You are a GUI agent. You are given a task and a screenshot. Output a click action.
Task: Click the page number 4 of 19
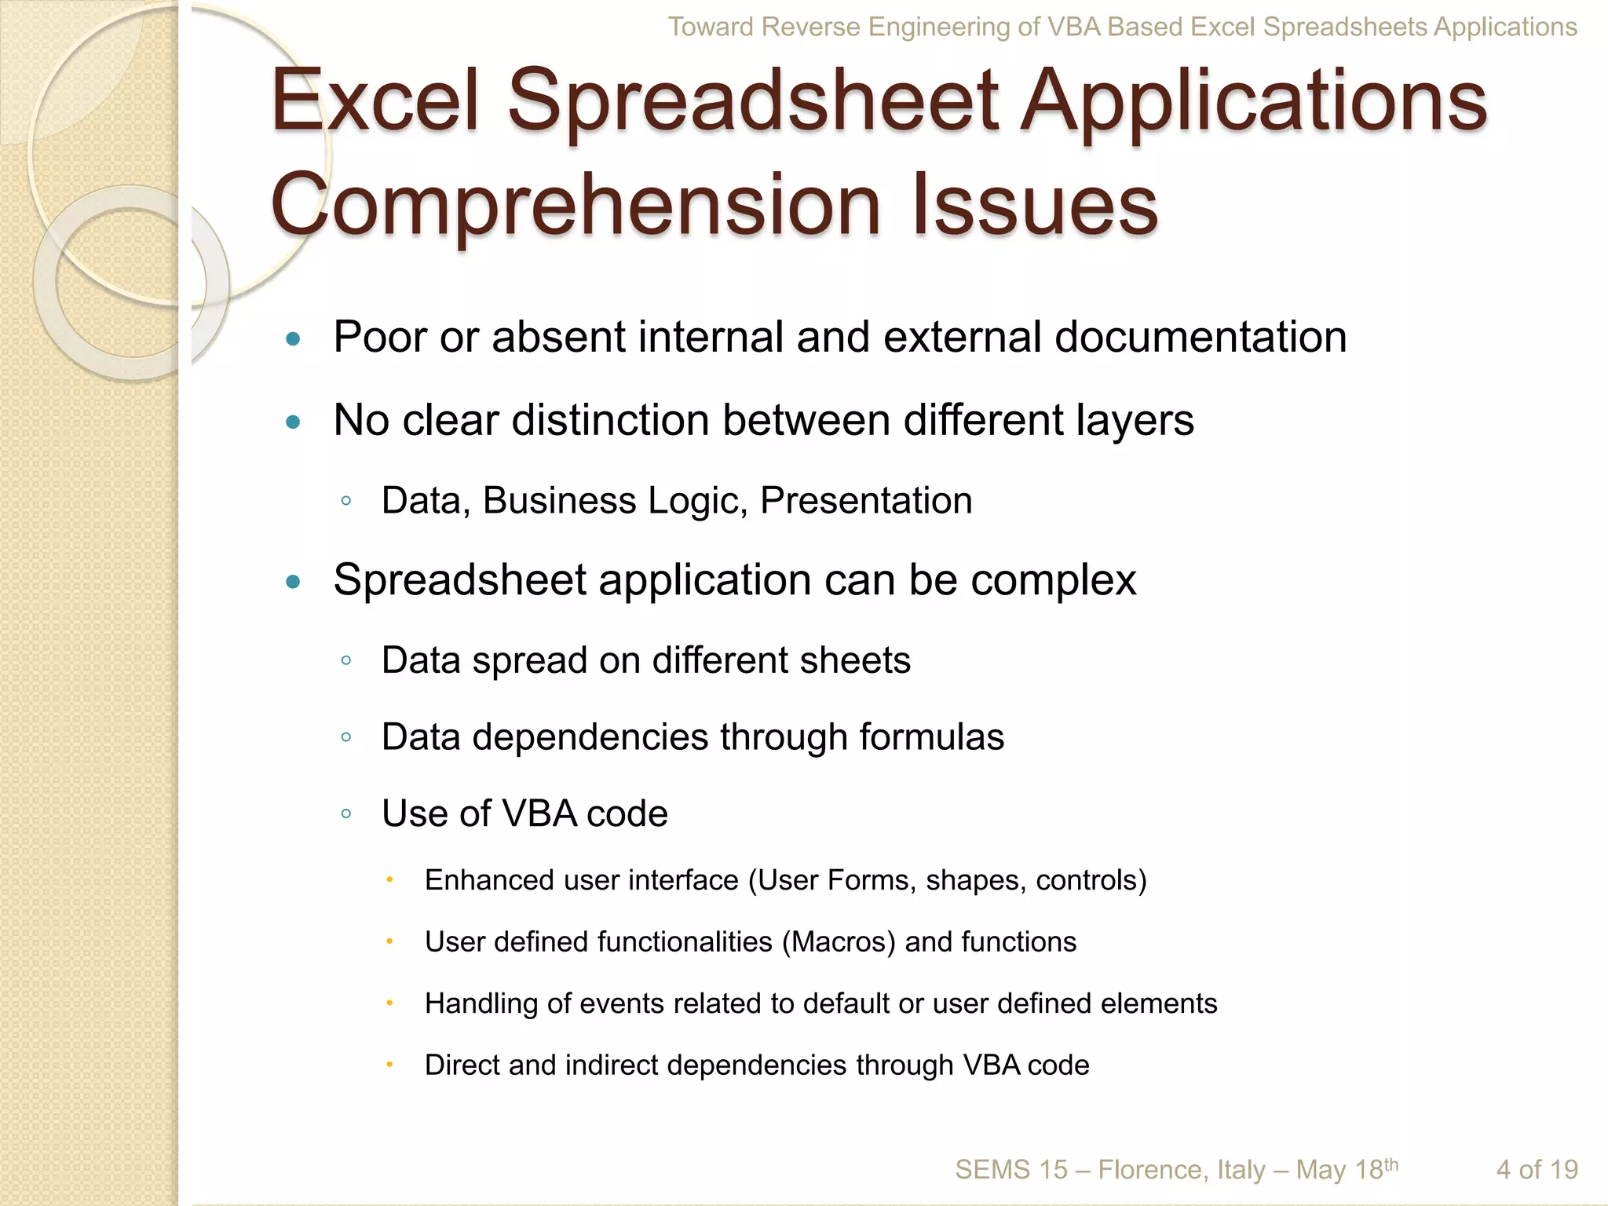pyautogui.click(x=1537, y=1170)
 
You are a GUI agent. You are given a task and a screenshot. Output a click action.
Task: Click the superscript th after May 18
pyautogui.click(x=1391, y=1164)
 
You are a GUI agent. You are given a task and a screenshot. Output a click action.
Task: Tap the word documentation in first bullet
pyautogui.click(x=1201, y=337)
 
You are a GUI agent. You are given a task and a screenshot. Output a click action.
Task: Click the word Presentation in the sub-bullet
pyautogui.click(x=866, y=501)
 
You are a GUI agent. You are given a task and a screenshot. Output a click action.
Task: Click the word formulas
pyautogui.click(x=931, y=737)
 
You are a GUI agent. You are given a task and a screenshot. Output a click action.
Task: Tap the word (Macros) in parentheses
pyautogui.click(x=839, y=941)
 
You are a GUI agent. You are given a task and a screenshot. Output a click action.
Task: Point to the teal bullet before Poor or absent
pyautogui.click(x=294, y=339)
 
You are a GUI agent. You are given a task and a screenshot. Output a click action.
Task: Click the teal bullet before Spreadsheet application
pyautogui.click(x=294, y=582)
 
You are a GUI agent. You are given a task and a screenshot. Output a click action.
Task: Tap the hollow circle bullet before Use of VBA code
pyautogui.click(x=346, y=814)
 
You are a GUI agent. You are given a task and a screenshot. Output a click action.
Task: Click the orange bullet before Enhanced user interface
pyautogui.click(x=389, y=880)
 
